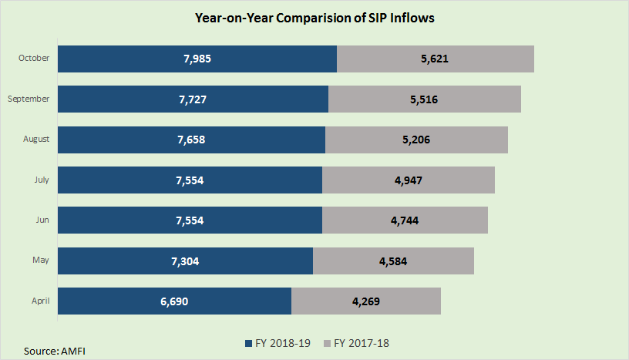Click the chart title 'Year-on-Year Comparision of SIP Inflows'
(315, 18)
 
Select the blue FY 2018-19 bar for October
(197, 59)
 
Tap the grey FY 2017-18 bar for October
(436, 59)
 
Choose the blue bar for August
(191, 140)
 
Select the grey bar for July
(408, 180)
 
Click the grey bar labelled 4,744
(405, 220)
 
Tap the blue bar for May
(185, 261)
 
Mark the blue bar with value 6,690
(174, 301)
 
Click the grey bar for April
(365, 301)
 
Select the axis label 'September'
(29, 99)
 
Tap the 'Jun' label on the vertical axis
(42, 220)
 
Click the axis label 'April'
(40, 301)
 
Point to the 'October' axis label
(33, 59)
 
